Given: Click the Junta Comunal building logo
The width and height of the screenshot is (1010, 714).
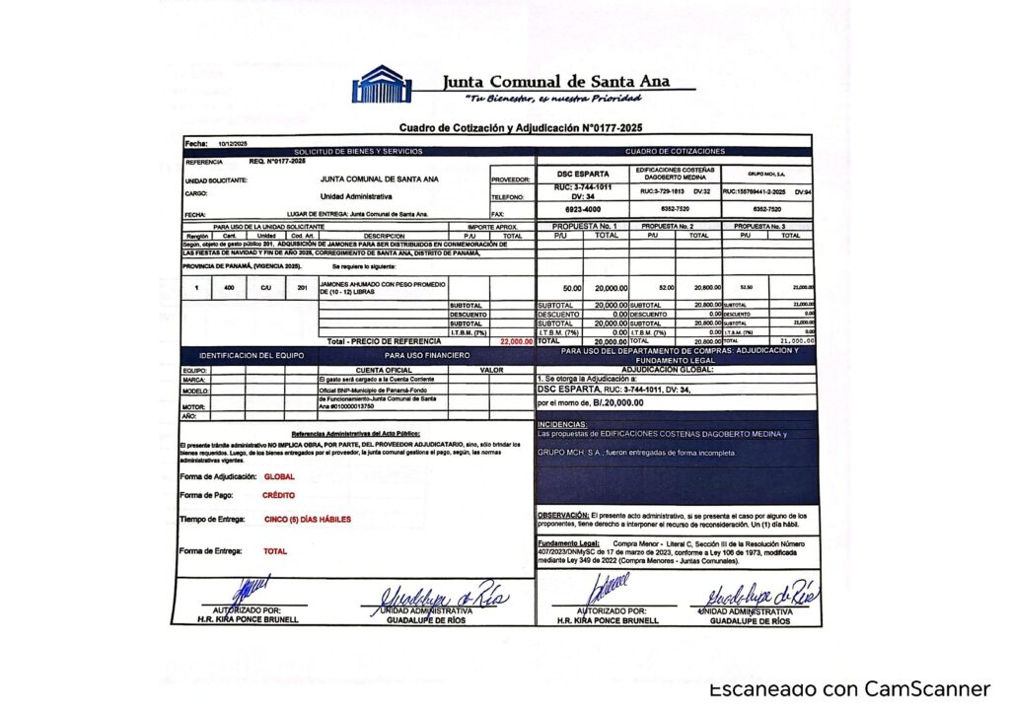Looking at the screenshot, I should [383, 85].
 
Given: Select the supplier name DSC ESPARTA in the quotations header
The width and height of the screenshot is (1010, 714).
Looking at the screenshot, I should [583, 174].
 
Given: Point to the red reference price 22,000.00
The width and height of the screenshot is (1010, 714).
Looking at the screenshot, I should [516, 341].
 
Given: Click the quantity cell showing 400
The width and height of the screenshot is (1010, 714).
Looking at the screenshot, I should [229, 288].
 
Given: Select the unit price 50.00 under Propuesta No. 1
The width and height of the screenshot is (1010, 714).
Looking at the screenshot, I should [571, 288].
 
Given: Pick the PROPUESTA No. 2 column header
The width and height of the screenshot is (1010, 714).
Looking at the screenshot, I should [676, 227].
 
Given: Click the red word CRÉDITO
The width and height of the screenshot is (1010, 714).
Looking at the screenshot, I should [278, 495].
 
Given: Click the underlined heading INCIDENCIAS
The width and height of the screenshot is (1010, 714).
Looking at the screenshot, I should [562, 424].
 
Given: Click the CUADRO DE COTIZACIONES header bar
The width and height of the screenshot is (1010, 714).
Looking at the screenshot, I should [675, 152].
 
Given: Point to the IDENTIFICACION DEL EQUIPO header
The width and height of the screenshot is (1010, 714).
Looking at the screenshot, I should [252, 355].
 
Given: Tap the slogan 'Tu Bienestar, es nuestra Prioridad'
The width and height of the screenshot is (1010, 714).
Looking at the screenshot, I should [554, 99].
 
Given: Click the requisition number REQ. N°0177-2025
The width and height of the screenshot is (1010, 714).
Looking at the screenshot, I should [277, 161].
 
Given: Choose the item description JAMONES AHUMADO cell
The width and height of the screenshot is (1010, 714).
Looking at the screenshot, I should [382, 288].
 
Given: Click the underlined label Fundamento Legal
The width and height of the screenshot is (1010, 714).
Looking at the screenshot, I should [567, 542].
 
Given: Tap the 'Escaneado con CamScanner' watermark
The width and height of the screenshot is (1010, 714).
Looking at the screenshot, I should [849, 689].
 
